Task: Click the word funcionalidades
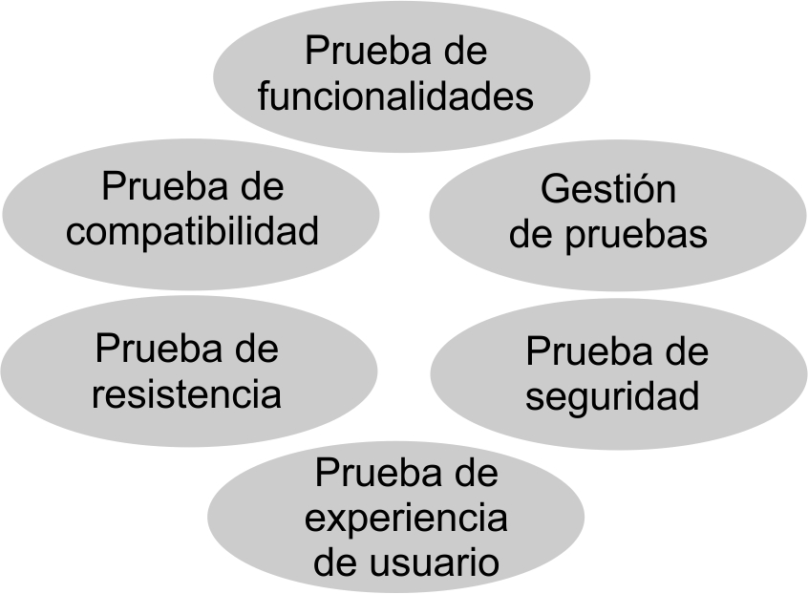pyautogui.click(x=395, y=95)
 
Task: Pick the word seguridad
pyautogui.click(x=612, y=396)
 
